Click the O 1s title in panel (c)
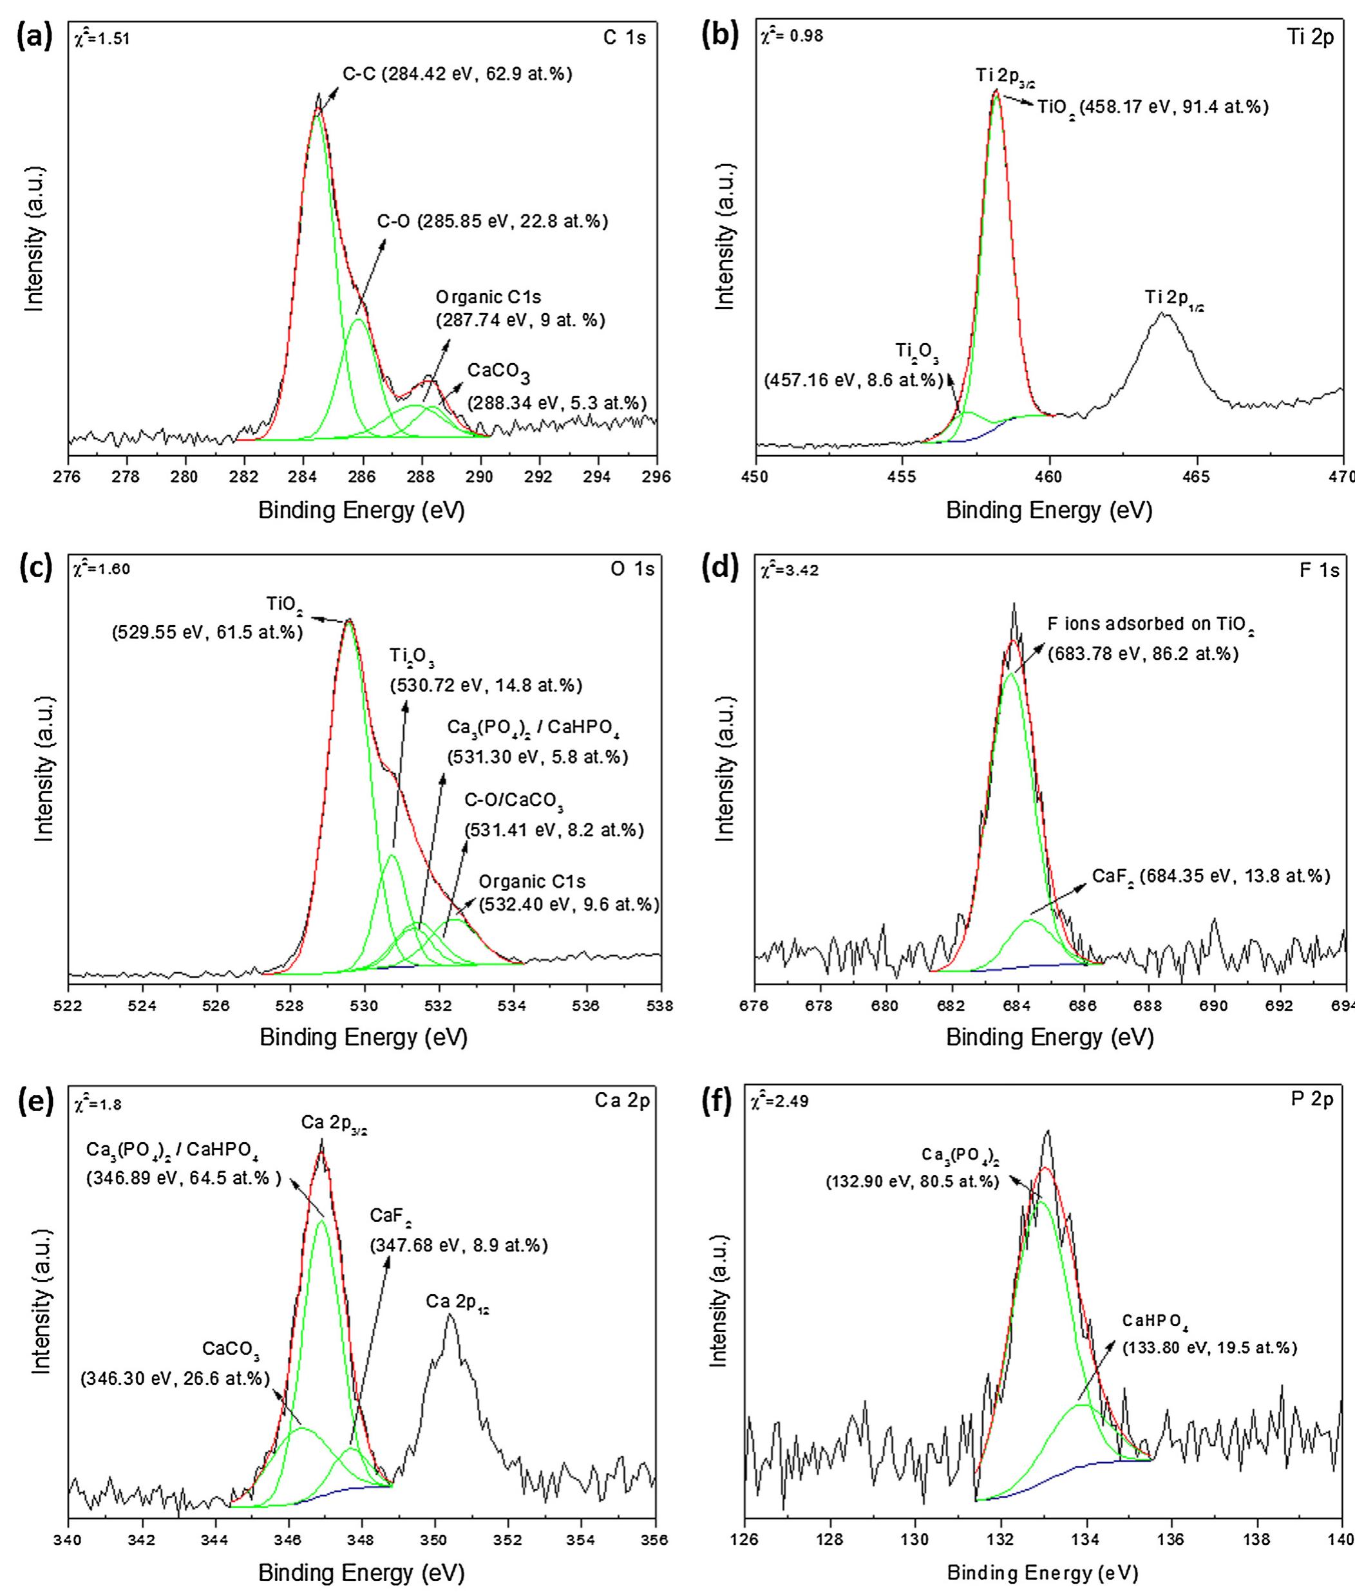tap(633, 569)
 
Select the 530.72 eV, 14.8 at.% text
tap(486, 684)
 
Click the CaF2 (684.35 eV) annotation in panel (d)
tap(1211, 876)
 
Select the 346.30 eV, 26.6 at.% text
tap(175, 1378)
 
